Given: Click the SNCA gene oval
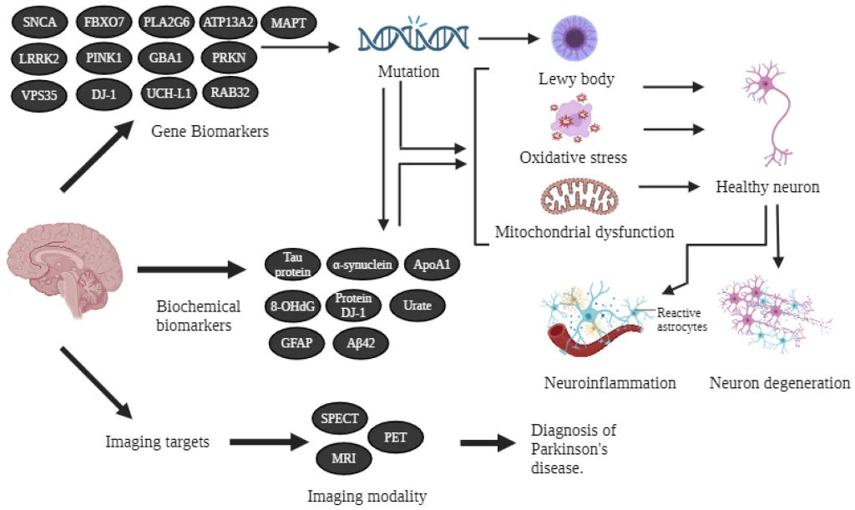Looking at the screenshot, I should [x=40, y=23].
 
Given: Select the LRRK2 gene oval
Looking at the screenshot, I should [x=40, y=58].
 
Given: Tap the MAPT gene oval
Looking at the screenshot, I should [x=289, y=23].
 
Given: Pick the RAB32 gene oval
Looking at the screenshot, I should [x=230, y=91].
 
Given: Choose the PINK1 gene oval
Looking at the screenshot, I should [x=104, y=58].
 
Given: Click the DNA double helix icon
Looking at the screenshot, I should [x=409, y=38].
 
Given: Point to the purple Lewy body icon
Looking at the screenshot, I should [x=576, y=38].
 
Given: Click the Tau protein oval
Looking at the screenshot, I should [x=291, y=265].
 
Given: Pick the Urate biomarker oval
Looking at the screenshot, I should [x=417, y=305].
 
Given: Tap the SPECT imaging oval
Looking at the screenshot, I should [x=340, y=417].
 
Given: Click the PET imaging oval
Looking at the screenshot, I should [x=395, y=437].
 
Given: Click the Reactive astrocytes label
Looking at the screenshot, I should [x=682, y=320].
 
